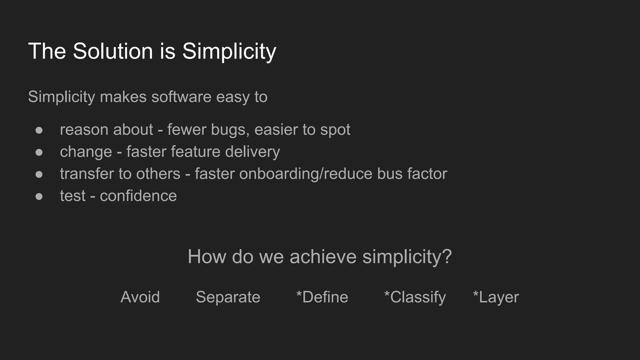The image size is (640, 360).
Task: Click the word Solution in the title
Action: [113, 51]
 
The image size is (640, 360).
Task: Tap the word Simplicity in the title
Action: [229, 51]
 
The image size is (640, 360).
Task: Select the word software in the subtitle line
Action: [181, 97]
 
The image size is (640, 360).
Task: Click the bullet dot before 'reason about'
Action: [39, 130]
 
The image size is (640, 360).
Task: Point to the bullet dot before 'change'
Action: [39, 152]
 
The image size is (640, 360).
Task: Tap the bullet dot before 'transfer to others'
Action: [39, 174]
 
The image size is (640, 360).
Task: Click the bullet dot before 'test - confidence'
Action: [39, 196]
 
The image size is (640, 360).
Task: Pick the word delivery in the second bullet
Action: [252, 152]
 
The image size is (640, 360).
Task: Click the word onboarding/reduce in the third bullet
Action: [306, 174]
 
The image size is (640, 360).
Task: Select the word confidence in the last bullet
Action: [138, 196]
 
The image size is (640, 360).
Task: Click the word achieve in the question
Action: [323, 257]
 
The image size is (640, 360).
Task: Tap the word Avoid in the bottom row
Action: [140, 297]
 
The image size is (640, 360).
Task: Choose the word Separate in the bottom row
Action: [228, 297]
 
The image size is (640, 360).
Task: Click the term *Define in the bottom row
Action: [322, 297]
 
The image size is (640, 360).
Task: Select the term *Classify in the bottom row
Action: [415, 297]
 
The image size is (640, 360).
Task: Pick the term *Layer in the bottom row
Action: [496, 297]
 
